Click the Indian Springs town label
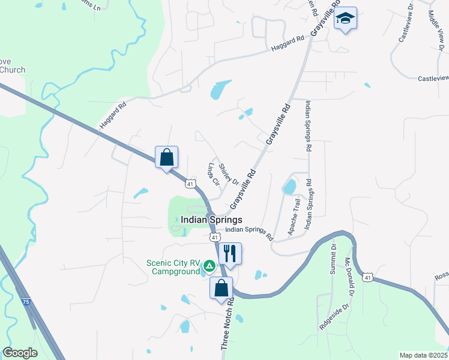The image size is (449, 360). pyautogui.click(x=211, y=220)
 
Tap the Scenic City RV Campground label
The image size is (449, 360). pyautogui.click(x=173, y=267)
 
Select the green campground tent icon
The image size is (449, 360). pyautogui.click(x=209, y=265)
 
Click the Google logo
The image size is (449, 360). pyautogui.click(x=20, y=353)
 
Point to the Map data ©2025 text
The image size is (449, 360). pyautogui.click(x=424, y=355)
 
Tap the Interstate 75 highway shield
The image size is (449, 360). pyautogui.click(x=25, y=301)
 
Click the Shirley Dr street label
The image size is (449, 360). pyautogui.click(x=229, y=174)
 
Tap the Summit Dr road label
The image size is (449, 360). pyautogui.click(x=333, y=259)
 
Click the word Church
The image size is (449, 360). pyautogui.click(x=13, y=70)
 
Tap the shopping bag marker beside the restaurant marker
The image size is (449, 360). pyautogui.click(x=221, y=288)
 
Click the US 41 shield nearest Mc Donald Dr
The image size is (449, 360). pyautogui.click(x=367, y=277)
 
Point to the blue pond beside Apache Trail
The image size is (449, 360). pyautogui.click(x=289, y=186)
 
